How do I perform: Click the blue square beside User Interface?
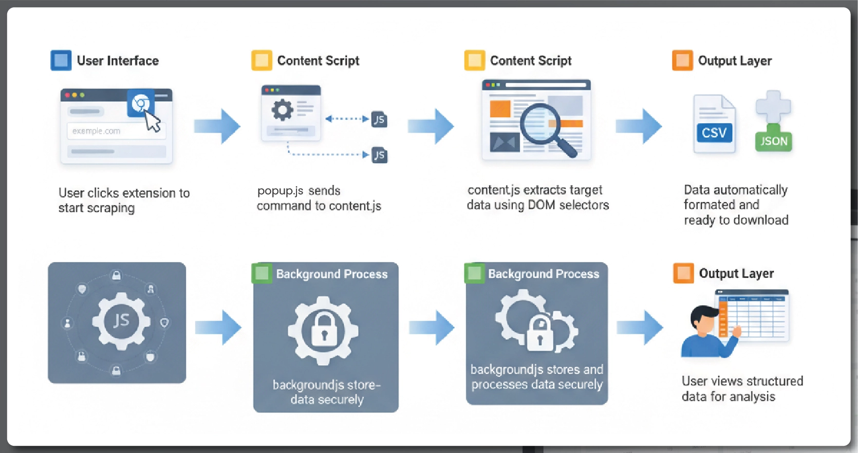pos(61,60)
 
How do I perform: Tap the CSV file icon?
pos(714,125)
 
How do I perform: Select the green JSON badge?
pos(773,141)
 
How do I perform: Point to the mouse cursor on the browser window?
pos(153,122)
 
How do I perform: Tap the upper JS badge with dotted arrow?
pos(379,120)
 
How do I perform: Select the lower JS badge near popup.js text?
pos(379,155)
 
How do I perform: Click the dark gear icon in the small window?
pos(282,110)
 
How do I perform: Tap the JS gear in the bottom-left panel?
pos(121,321)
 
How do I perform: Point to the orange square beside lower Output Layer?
pos(683,273)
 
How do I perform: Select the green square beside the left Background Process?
pos(262,273)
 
